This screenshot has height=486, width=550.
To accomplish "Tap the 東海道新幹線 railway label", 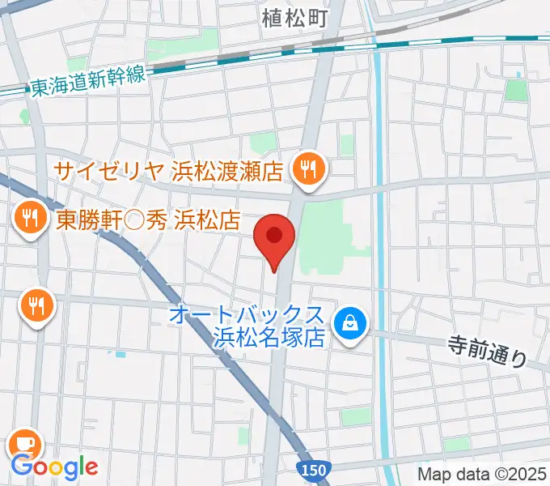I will pyautogui.click(x=87, y=79).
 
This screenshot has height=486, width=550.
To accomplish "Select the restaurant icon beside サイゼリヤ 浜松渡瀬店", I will pyautogui.click(x=308, y=169).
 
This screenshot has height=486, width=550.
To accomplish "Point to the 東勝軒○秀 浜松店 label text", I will pyautogui.click(x=150, y=218).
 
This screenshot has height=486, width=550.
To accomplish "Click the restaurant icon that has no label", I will pyautogui.click(x=36, y=305).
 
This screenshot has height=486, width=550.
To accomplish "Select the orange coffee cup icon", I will pyautogui.click(x=25, y=442).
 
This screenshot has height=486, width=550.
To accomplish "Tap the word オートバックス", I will pyautogui.click(x=249, y=314).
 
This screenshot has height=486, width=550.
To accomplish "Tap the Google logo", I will pyautogui.click(x=55, y=467).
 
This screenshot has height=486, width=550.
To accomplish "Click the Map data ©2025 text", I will pyautogui.click(x=482, y=473).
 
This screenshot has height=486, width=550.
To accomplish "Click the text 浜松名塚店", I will pyautogui.click(x=269, y=336).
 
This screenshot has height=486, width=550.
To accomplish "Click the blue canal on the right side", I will pyautogui.click(x=381, y=243).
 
